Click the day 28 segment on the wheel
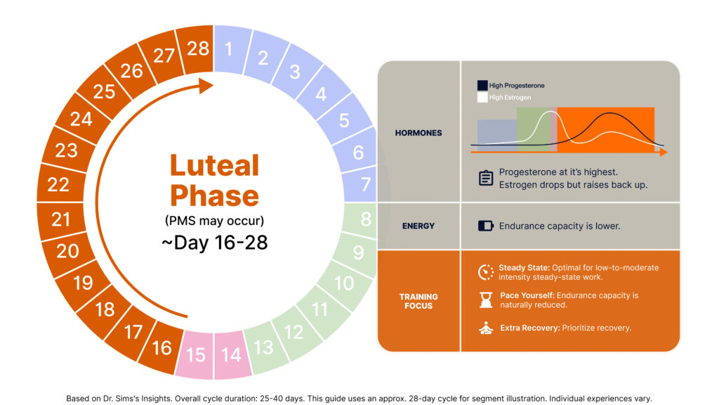197,49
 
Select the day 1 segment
231,49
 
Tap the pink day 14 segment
232,354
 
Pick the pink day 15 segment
196,354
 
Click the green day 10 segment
345,283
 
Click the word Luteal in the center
215,165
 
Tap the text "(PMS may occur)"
215,221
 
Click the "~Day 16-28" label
215,243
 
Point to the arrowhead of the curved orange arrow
206,85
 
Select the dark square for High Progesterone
482,85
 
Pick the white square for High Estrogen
482,97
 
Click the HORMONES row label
418,133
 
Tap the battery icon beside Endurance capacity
486,226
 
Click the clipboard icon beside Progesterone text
486,177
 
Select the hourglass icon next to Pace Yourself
486,300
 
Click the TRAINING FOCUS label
418,301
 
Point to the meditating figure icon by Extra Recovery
486,328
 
